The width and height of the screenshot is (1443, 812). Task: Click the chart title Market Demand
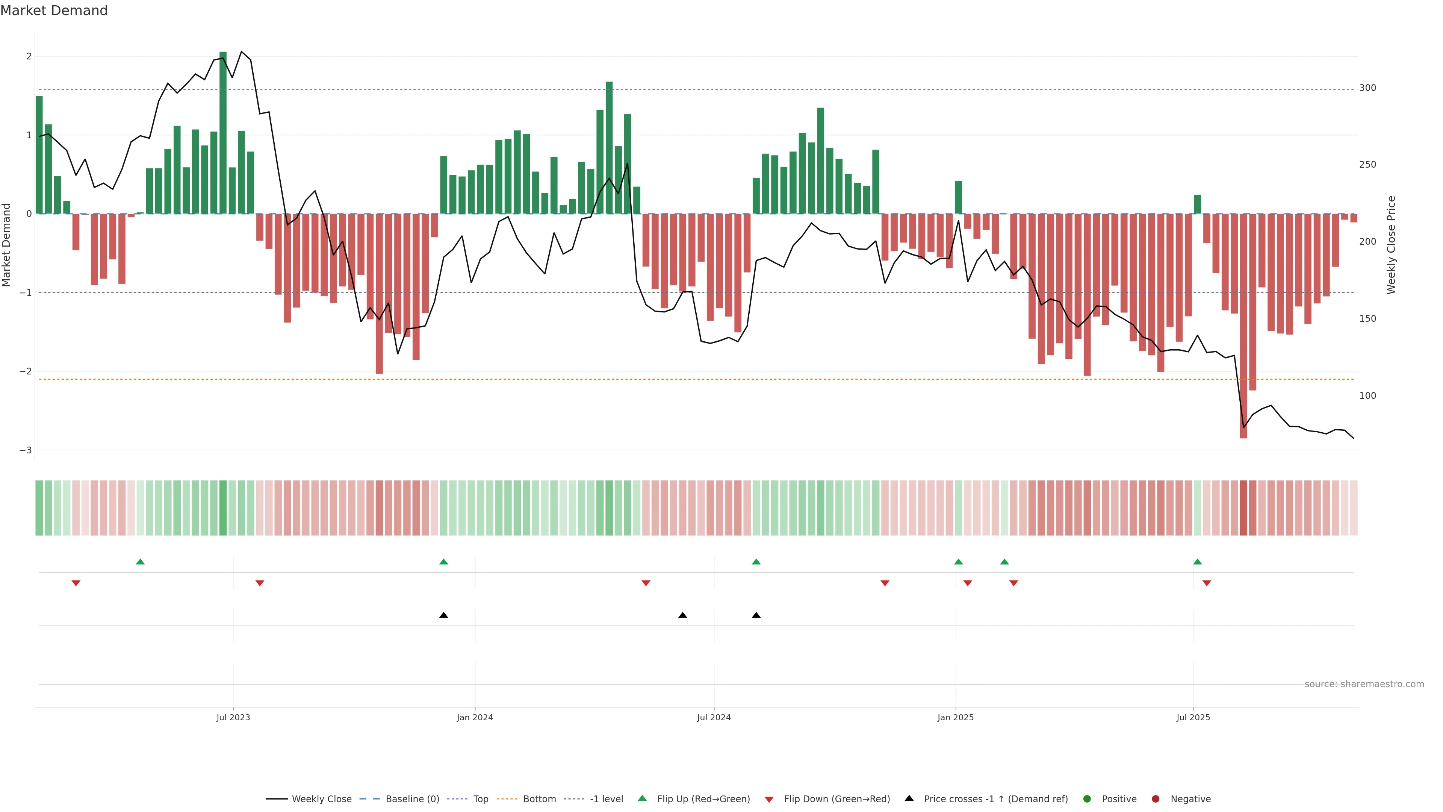pos(54,11)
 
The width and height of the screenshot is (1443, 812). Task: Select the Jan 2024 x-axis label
pos(475,717)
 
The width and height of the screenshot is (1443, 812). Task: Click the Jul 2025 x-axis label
pos(1193,717)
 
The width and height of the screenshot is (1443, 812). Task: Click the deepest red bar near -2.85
pos(1243,325)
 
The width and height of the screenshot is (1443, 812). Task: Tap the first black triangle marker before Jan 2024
pos(444,615)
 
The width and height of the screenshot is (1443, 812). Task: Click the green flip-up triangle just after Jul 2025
pos(1197,562)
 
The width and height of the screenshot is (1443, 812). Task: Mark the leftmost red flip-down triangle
pos(76,583)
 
